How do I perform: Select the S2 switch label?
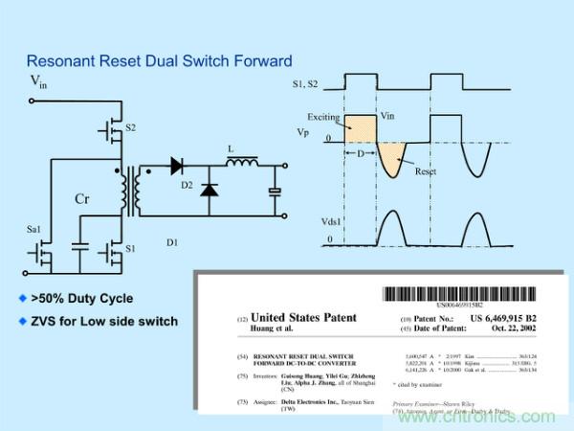coord(131,126)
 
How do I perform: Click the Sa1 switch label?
coord(33,230)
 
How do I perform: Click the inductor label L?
coord(231,151)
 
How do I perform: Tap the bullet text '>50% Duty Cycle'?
coord(87,299)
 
